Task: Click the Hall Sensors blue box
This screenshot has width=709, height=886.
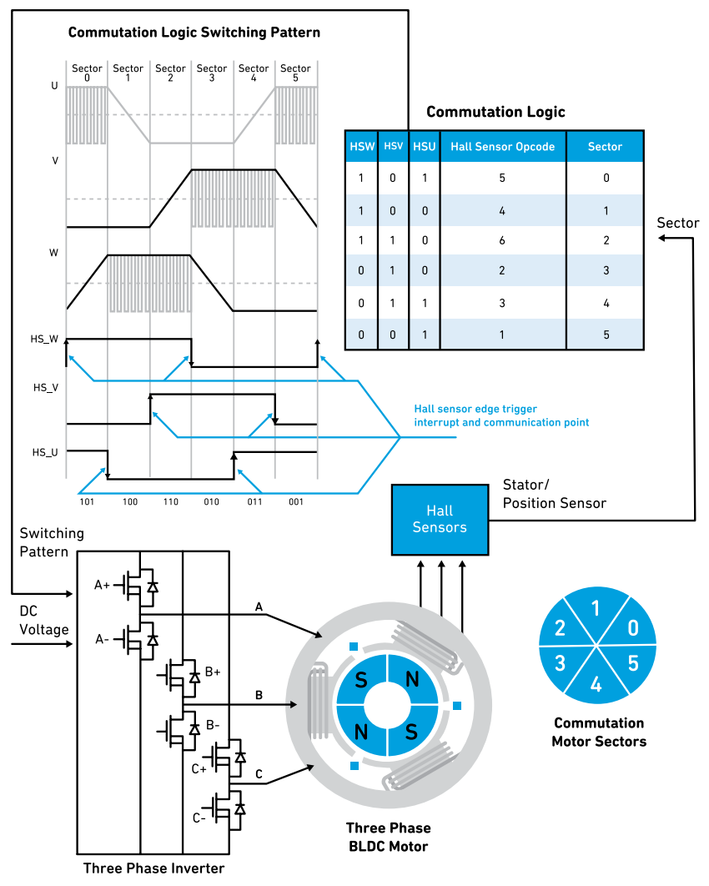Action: coord(440,519)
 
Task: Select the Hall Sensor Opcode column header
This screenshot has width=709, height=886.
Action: coord(502,146)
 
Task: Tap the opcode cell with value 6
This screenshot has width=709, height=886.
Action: coord(502,239)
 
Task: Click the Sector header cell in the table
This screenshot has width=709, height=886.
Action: coord(605,146)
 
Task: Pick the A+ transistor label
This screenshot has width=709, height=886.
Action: coord(102,586)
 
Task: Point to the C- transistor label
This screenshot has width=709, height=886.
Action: coord(199,818)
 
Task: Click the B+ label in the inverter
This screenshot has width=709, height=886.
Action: coord(213,671)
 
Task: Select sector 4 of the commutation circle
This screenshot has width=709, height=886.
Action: coord(596,685)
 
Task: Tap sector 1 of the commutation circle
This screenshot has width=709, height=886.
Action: coord(596,607)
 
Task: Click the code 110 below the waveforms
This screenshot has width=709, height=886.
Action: coord(170,503)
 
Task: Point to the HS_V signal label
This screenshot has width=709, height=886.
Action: coord(46,387)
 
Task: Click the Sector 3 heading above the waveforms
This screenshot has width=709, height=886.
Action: coord(212,73)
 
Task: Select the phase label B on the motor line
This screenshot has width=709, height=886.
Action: coord(259,694)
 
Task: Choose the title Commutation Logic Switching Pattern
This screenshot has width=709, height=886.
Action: coord(194,33)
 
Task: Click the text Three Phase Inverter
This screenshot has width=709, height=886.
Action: coord(153,868)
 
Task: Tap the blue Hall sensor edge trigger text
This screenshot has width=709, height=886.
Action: coord(501,415)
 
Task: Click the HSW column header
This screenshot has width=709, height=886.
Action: coord(362,146)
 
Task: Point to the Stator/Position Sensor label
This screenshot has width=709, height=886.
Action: coord(554,494)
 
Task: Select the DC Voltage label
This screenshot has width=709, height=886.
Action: coord(44,621)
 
